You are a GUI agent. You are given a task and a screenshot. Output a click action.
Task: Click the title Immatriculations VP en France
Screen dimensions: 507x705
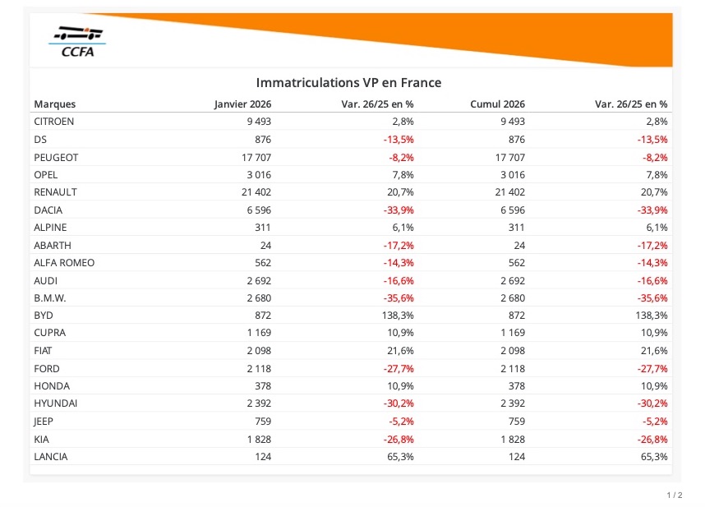point(348,83)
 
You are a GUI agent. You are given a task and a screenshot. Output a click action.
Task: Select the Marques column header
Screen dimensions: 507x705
point(54,104)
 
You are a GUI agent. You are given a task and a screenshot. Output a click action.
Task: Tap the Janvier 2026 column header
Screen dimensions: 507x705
point(242,104)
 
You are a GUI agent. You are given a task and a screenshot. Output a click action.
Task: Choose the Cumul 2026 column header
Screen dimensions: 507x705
point(497,104)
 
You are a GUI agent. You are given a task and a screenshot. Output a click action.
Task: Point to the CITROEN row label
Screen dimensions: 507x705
point(54,122)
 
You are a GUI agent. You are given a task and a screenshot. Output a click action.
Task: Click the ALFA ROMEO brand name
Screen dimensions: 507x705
point(64,263)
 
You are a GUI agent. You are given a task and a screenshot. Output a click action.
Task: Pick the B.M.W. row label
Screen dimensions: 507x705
point(50,298)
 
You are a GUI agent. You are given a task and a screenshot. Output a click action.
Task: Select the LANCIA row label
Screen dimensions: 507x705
point(51,457)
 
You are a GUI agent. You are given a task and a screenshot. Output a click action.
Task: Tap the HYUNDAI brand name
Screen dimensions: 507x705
point(56,403)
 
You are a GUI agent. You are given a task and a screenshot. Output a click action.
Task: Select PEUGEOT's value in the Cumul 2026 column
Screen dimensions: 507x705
point(507,157)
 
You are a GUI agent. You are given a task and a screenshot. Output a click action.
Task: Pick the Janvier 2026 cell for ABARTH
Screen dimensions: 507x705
point(265,245)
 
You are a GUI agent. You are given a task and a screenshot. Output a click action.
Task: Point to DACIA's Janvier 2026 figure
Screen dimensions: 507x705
point(257,210)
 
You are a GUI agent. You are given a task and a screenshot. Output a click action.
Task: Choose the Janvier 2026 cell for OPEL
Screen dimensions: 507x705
point(257,174)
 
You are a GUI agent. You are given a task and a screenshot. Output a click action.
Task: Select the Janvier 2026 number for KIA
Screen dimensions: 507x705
point(257,439)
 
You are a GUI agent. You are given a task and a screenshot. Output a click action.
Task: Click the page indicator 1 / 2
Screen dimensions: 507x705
point(674,495)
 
